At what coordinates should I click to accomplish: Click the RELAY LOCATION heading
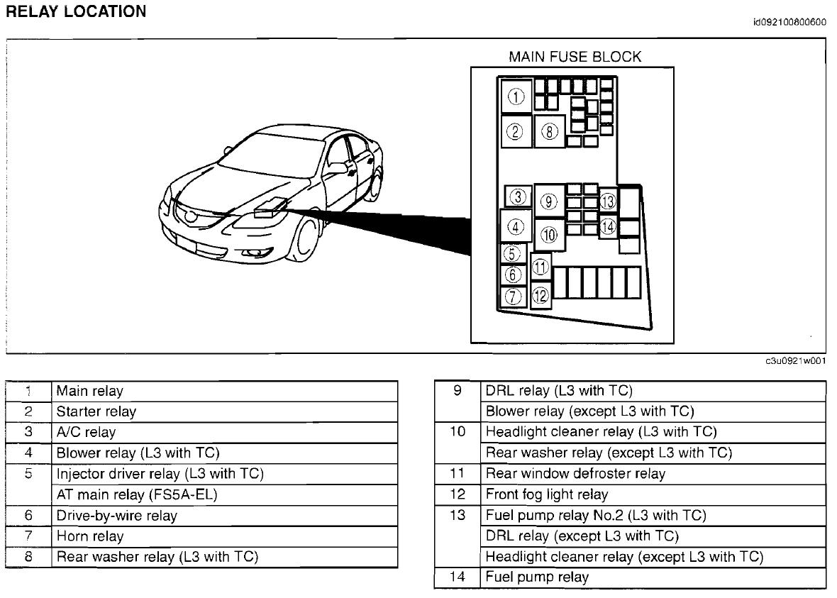click(x=76, y=12)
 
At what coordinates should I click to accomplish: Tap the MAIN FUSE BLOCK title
click(x=575, y=57)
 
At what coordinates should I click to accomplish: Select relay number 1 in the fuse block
click(x=517, y=96)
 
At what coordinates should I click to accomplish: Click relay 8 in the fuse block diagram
click(x=550, y=131)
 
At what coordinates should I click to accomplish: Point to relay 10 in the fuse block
click(x=550, y=235)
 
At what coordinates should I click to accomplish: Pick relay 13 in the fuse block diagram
click(x=608, y=201)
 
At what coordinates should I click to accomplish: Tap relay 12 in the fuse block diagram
click(x=541, y=294)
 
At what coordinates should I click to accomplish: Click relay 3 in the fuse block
click(x=519, y=196)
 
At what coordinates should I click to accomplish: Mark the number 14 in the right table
click(x=458, y=577)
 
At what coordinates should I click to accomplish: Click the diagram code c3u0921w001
click(x=795, y=361)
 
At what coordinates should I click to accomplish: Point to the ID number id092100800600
click(x=789, y=22)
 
